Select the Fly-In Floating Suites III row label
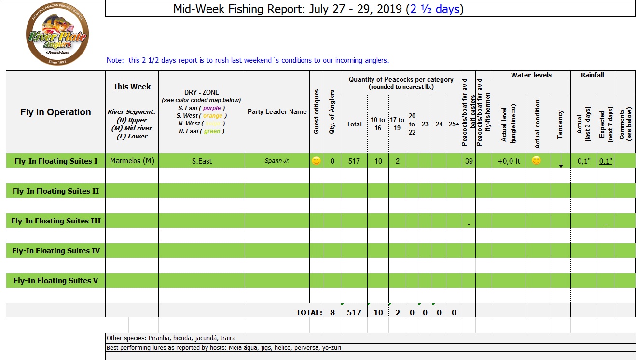tap(56, 221)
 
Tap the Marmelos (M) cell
tap(132, 161)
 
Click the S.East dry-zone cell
tap(202, 161)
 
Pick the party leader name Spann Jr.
tap(277, 161)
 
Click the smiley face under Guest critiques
tap(317, 161)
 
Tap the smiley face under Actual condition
tap(536, 161)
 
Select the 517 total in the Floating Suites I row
tap(354, 161)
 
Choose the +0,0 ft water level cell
tap(509, 161)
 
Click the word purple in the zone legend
tap(212, 108)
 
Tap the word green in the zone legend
tap(212, 131)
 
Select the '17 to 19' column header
tap(398, 124)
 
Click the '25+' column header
tap(454, 124)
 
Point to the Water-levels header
tap(531, 75)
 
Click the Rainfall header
tap(592, 75)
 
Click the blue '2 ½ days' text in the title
tap(433, 9)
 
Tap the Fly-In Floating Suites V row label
tap(56, 281)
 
